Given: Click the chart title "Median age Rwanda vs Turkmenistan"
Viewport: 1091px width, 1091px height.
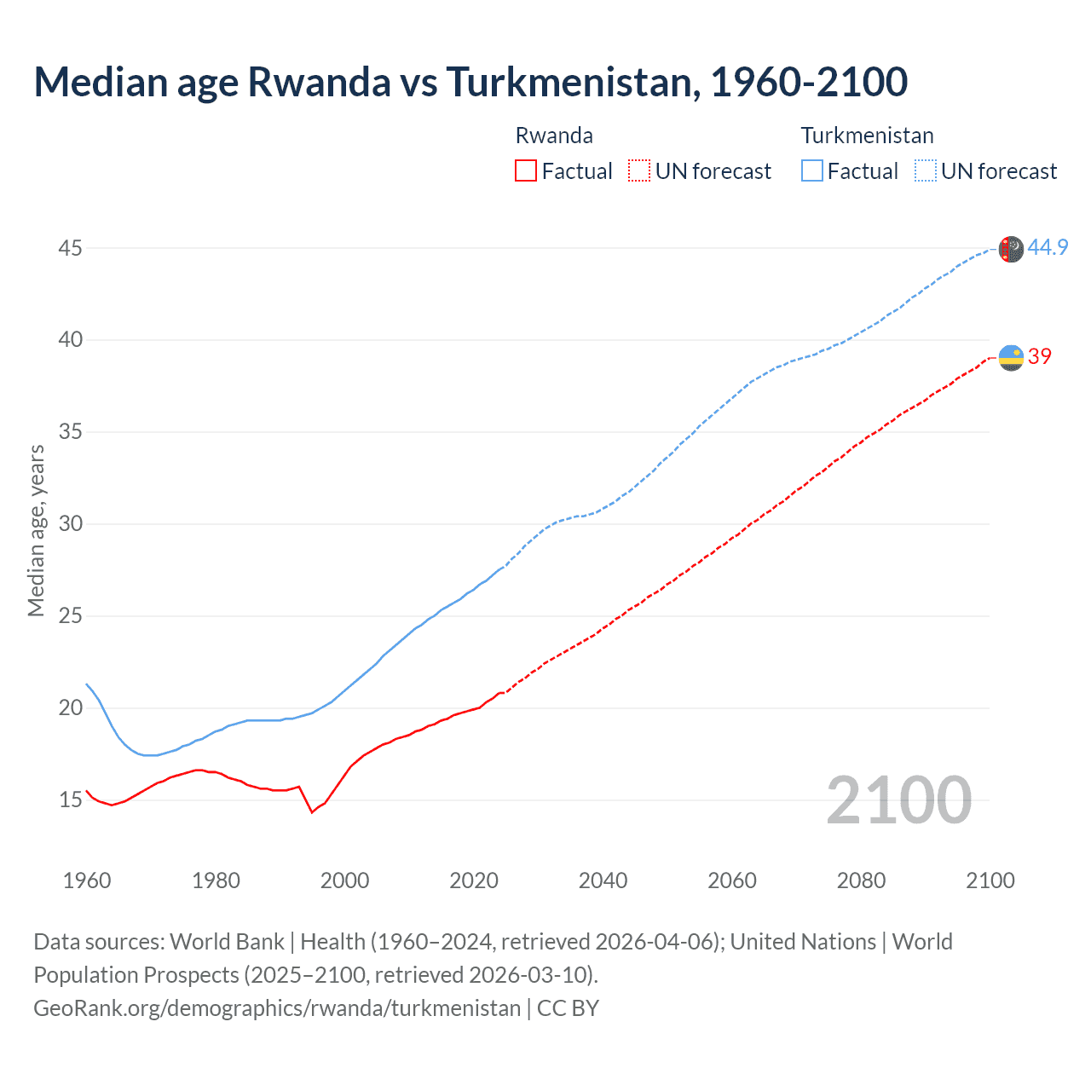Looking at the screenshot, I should tap(470, 82).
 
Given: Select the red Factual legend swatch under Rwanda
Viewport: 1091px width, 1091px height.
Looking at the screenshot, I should tap(526, 171).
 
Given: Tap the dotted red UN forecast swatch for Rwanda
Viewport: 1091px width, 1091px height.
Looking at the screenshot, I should tap(639, 171).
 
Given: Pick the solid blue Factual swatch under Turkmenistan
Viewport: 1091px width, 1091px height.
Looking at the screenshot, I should tap(812, 171).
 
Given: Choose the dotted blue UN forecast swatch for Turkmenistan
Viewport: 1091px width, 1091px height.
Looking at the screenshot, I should tap(926, 171).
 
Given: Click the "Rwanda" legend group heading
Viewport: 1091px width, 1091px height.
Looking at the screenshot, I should tap(554, 136).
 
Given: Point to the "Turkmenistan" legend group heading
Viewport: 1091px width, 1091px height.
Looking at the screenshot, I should tap(867, 136).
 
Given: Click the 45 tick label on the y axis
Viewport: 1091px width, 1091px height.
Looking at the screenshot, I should tap(71, 248).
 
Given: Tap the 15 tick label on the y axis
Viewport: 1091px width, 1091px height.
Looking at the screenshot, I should tap(71, 799).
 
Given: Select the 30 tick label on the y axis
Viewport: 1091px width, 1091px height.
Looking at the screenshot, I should tap(71, 523).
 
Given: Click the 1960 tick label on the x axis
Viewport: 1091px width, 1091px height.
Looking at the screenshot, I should tap(87, 880).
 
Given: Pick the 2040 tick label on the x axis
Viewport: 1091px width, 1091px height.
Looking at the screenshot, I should tap(603, 880).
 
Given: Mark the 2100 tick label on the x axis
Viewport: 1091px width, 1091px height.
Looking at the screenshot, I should tap(990, 880).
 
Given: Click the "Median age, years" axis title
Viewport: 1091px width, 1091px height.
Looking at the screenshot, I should tap(36, 530).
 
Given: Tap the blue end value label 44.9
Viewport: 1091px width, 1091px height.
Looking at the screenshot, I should tap(1048, 247).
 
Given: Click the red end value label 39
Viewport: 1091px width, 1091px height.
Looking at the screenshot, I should tap(1040, 356).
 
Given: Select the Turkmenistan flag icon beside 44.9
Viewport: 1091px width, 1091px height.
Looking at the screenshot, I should tap(1011, 249).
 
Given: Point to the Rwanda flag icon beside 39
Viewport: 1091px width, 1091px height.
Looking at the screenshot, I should tap(1011, 358).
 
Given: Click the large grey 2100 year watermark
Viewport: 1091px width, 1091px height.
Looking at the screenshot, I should tap(898, 799).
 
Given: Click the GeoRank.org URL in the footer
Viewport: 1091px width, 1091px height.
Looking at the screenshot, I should tap(277, 1008).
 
